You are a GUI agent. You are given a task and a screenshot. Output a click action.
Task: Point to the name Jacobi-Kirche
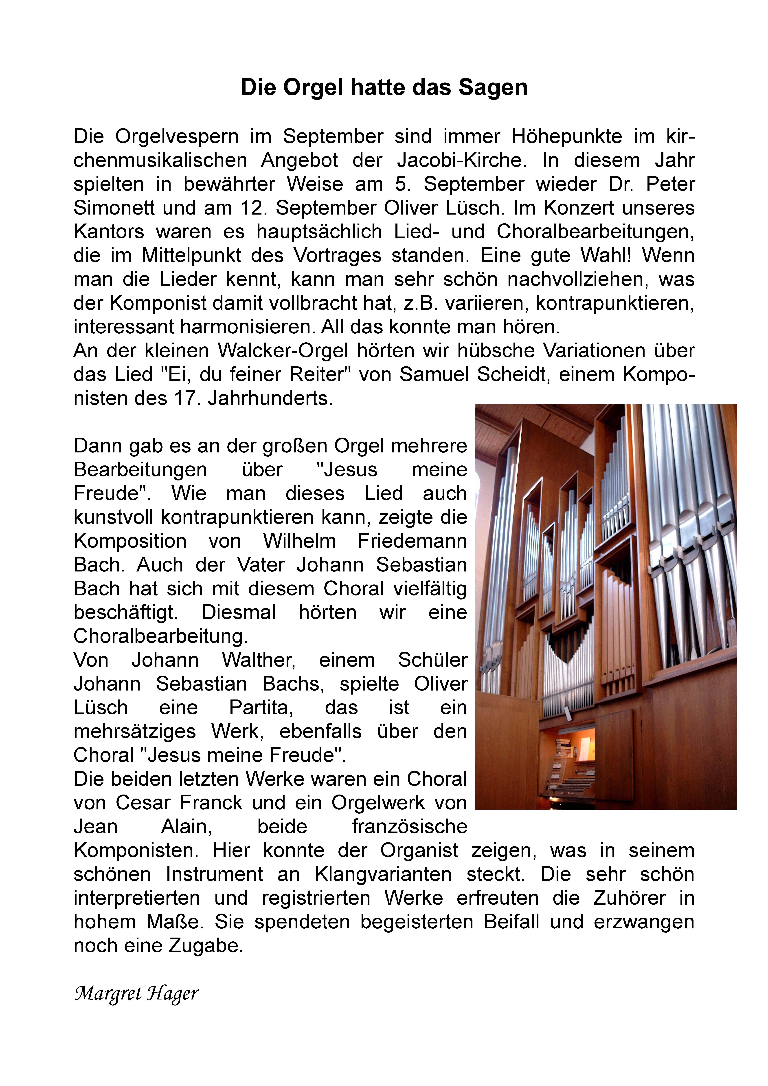point(461,160)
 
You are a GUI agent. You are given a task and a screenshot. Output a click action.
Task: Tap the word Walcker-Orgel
point(283,351)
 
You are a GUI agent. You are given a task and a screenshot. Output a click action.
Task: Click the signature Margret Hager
point(136,994)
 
